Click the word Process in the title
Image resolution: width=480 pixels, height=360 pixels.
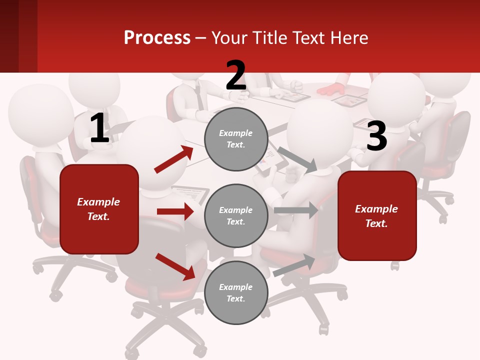click(157, 38)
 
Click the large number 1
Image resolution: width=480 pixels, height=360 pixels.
click(99, 128)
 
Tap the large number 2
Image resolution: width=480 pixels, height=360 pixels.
click(236, 75)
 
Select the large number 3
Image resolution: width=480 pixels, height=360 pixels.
click(376, 136)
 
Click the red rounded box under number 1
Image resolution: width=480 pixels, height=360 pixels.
click(99, 209)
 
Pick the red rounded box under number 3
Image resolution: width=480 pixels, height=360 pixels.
click(377, 215)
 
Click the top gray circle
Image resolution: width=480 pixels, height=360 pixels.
click(236, 139)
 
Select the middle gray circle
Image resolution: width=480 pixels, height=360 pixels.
click(236, 215)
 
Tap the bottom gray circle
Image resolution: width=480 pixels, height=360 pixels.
click(236, 292)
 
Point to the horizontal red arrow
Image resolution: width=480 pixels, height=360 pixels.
click(175, 211)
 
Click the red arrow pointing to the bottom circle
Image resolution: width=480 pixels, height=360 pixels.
click(175, 266)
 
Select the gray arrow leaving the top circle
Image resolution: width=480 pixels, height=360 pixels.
click(297, 159)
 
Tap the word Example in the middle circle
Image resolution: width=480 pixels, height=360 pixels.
click(236, 210)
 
